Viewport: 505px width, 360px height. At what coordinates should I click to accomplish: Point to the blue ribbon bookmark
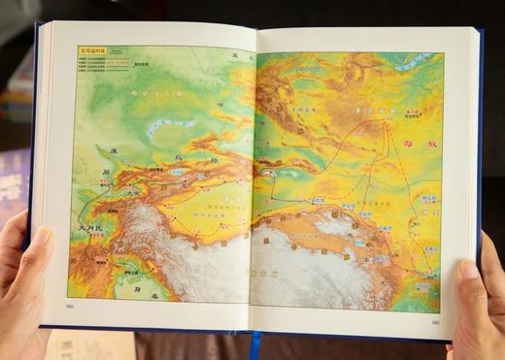[x=255, y=344]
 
